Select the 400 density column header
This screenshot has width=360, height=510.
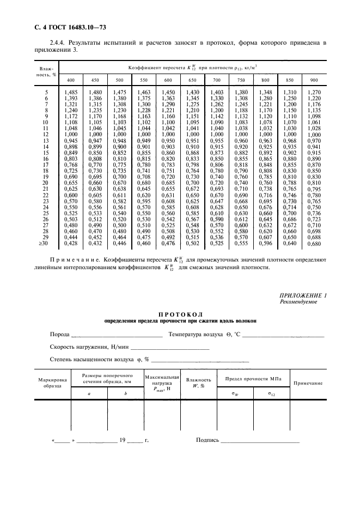(x=71, y=81)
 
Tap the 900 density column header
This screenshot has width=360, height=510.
(x=314, y=81)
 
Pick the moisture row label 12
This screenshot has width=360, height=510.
(x=46, y=134)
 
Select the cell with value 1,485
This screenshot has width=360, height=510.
(x=71, y=93)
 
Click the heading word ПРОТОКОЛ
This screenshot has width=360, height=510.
(x=180, y=314)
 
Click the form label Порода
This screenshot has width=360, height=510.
(x=59, y=334)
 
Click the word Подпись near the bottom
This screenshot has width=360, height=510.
(x=207, y=440)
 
